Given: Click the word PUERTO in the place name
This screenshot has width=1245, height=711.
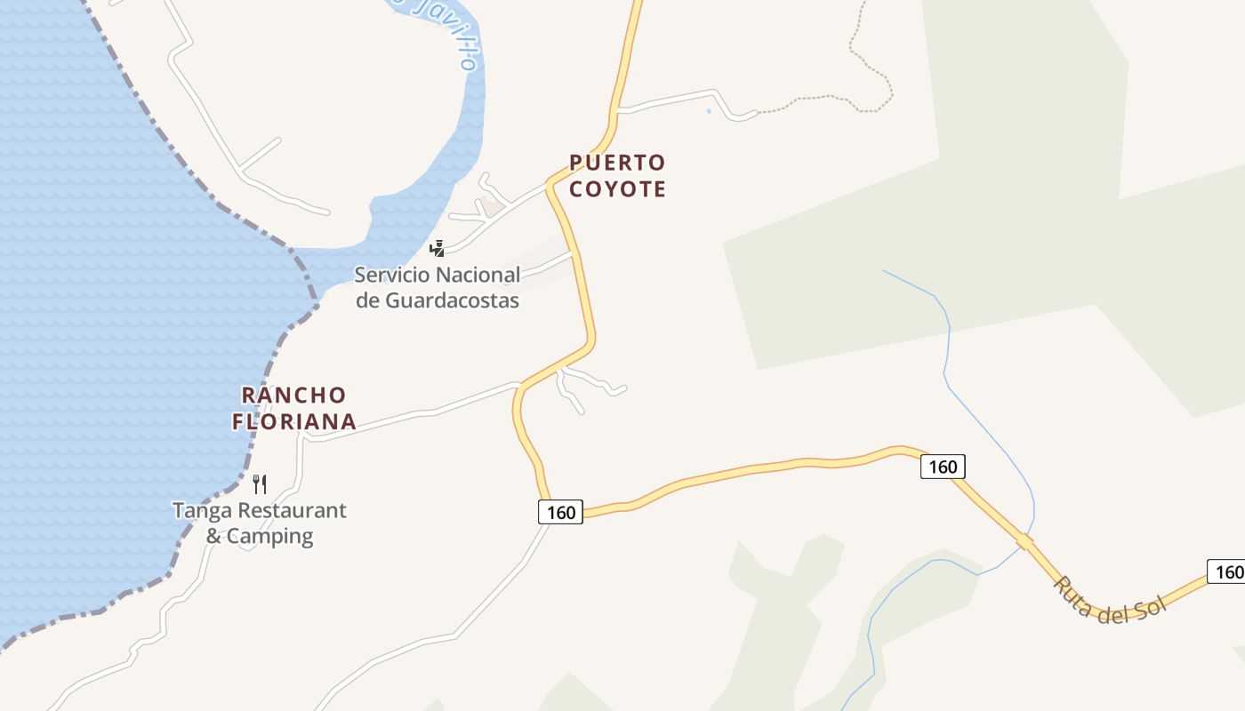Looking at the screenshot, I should (x=617, y=163).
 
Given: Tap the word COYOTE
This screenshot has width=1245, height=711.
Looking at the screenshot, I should (x=617, y=189).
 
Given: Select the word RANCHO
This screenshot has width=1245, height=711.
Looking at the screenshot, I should (x=293, y=395).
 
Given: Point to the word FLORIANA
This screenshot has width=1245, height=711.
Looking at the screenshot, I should (x=293, y=422).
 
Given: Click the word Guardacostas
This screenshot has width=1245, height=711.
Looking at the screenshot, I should (x=452, y=300).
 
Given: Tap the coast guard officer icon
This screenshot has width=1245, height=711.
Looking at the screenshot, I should (x=437, y=248).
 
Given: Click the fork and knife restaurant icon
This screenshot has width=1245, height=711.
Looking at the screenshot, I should (x=260, y=484).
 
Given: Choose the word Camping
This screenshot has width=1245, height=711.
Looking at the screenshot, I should (x=270, y=537).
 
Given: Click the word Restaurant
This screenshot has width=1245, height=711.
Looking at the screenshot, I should (x=290, y=511).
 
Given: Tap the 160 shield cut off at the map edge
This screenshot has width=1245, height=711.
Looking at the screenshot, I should (x=1226, y=571).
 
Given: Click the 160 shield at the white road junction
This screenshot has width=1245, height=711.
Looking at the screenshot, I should (x=560, y=512).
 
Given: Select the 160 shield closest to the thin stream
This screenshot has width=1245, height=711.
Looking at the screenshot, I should (x=943, y=467).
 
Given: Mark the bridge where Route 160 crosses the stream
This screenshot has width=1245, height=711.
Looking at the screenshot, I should (x=1024, y=541).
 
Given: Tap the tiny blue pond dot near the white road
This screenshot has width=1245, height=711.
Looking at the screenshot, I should (x=709, y=111).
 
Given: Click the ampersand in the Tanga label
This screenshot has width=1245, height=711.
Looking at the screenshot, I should (x=213, y=537).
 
